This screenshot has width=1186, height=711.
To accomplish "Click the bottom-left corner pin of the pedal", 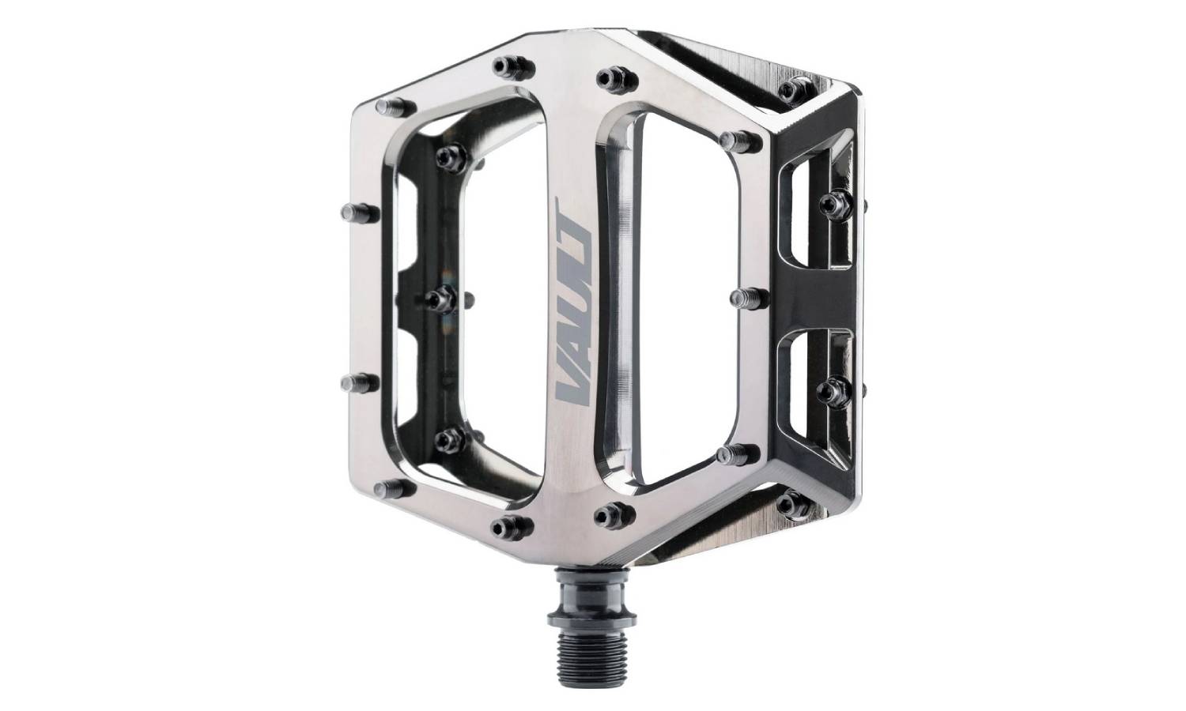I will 387,488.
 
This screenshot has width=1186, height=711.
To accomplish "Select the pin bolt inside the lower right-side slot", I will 834,389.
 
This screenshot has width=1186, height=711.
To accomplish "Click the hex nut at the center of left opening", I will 440,299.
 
